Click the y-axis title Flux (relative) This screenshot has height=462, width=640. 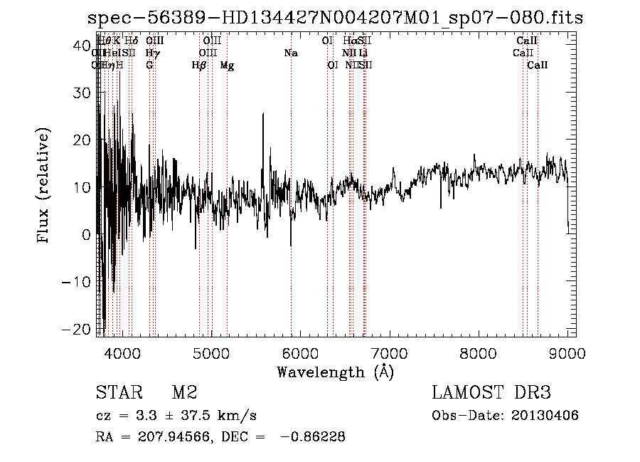pos(45,186)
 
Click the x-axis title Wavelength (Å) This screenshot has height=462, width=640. pos(335,372)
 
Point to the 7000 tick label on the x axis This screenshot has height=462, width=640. pos(389,352)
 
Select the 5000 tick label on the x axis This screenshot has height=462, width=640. pos(210,352)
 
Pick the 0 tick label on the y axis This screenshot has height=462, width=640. pos(85,235)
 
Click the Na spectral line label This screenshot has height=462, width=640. pos(290,53)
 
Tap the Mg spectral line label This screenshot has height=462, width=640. pos(227,65)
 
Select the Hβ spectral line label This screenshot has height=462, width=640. pos(199,65)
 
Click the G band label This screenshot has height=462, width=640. pos(149,65)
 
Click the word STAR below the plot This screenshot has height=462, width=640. pos(117,393)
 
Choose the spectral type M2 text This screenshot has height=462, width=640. pos(183,393)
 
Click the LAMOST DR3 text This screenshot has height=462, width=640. pos(491,393)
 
